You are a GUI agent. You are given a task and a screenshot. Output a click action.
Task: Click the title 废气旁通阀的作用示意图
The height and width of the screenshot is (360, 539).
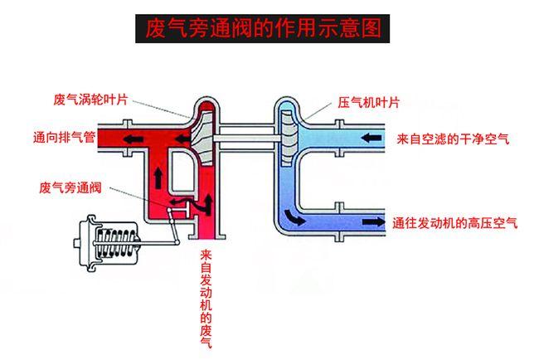[x=263, y=29]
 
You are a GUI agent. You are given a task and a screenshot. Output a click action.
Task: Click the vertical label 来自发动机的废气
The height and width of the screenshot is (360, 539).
[x=206, y=299]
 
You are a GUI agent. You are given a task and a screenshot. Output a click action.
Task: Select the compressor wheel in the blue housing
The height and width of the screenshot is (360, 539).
[x=287, y=134]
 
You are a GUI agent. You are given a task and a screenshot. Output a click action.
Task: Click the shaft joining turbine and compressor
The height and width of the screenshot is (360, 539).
[x=244, y=134]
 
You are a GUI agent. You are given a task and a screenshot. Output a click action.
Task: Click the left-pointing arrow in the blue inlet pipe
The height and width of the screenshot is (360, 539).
[x=372, y=134]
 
